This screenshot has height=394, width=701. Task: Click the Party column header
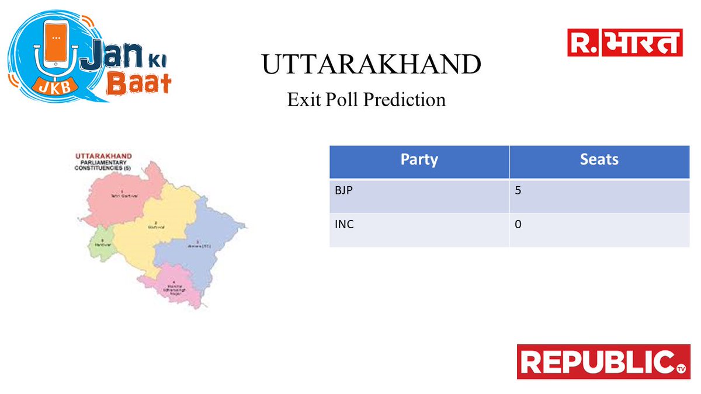tap(419, 160)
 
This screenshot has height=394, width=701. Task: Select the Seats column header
tap(599, 160)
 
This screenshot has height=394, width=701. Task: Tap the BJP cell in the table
tap(345, 190)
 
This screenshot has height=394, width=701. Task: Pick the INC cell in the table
tap(344, 224)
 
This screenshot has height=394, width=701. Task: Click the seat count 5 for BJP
tap(518, 190)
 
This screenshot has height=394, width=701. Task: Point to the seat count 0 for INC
tap(518, 224)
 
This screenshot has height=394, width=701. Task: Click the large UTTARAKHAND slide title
tap(371, 65)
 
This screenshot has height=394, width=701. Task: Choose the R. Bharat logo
tap(625, 43)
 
